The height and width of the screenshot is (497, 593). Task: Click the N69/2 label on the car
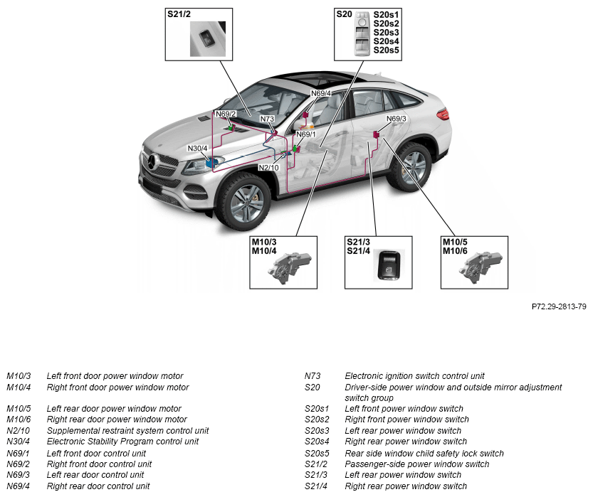(x=226, y=114)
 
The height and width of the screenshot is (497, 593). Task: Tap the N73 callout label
(x=267, y=119)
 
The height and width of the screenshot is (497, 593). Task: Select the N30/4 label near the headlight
(x=197, y=149)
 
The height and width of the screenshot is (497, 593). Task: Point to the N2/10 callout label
(x=268, y=168)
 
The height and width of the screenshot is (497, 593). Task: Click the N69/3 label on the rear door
(x=396, y=119)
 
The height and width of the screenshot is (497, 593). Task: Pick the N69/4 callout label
(x=321, y=93)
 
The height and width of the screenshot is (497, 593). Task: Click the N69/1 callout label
(x=306, y=134)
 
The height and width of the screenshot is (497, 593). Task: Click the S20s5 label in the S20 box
(x=386, y=50)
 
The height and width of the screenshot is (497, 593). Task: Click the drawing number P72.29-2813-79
(x=559, y=307)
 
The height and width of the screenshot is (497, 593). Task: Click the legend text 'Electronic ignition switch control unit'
(x=414, y=376)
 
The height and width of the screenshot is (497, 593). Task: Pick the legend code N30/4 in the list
(x=19, y=442)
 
